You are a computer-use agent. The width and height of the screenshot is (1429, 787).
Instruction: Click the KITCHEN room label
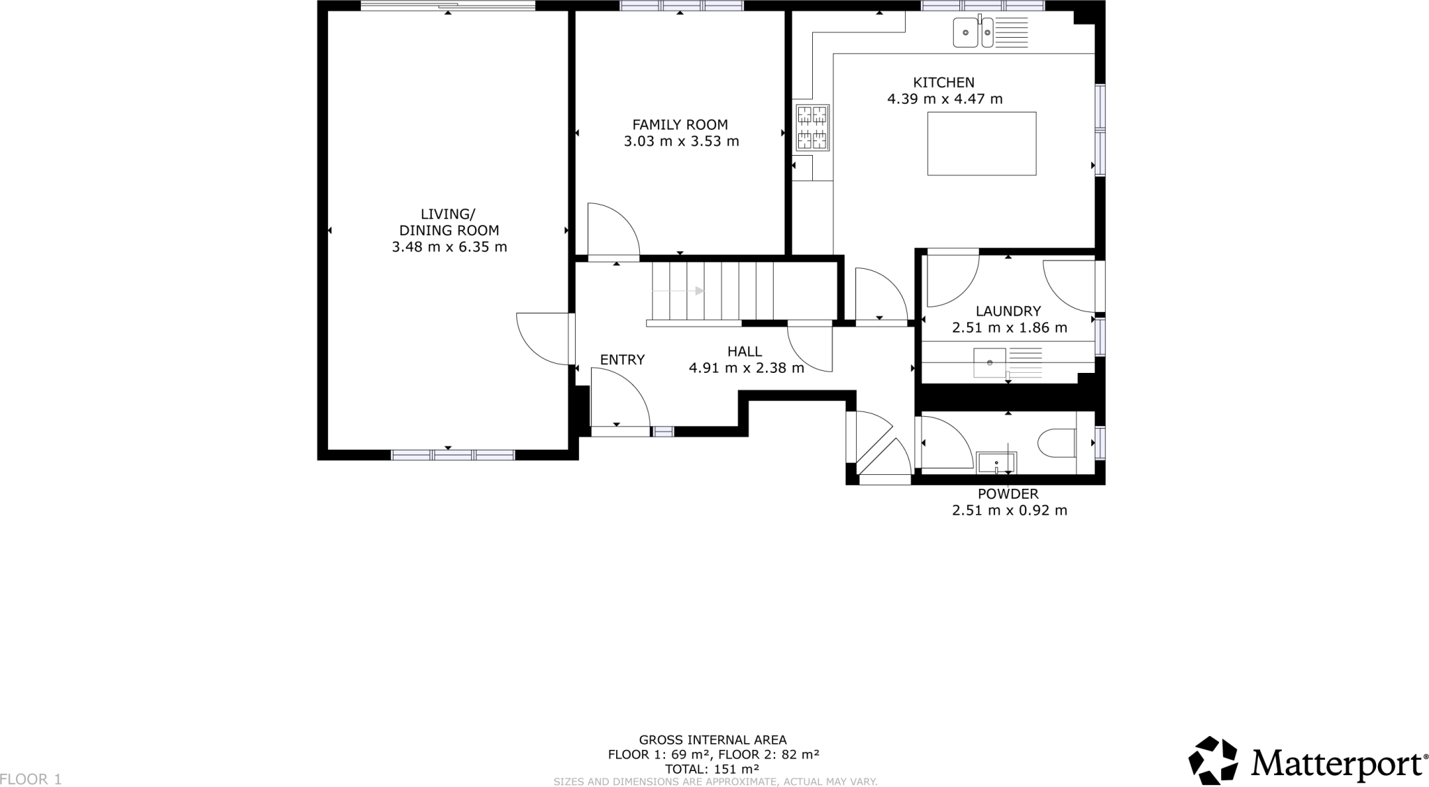coord(944,82)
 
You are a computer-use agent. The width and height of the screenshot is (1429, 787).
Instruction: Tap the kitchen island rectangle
coord(981,144)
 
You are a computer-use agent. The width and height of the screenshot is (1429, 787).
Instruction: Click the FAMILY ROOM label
coord(680,125)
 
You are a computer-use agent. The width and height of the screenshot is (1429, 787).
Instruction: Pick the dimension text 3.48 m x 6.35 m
coord(449,247)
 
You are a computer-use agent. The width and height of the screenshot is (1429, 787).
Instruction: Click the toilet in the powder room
coord(1056,443)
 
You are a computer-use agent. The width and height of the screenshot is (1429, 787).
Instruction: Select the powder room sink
coord(996,462)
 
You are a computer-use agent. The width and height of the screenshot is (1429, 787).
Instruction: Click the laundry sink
coord(989,362)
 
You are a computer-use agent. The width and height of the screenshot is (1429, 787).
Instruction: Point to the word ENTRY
coord(622,360)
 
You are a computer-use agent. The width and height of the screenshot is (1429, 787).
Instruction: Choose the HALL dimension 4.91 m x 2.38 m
coord(746,368)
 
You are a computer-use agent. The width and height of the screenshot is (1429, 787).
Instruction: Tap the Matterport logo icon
coord(1214,760)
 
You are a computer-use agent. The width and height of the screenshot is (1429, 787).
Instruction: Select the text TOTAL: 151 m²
coord(712,769)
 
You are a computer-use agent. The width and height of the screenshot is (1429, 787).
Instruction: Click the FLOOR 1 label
coord(31,779)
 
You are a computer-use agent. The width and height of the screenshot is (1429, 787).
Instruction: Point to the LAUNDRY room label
coord(1008,311)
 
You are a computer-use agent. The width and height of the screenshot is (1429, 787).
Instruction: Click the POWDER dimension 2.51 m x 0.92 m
coord(1009,510)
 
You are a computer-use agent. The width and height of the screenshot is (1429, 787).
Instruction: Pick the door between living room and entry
coord(544,339)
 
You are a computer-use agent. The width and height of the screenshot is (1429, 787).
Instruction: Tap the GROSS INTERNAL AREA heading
coord(712,740)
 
